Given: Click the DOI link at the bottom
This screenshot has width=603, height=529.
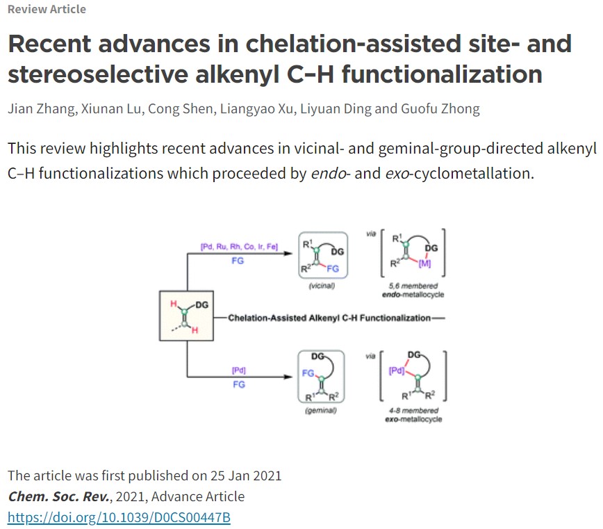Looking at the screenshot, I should coord(119,517).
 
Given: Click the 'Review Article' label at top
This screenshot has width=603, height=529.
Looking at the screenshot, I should coord(47,9).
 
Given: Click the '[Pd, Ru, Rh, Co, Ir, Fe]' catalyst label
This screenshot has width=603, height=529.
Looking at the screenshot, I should coord(238,247).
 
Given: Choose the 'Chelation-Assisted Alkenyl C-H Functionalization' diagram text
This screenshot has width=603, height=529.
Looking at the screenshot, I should coord(329,318).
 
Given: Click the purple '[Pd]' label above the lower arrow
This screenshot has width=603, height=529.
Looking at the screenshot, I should coord(238,370).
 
